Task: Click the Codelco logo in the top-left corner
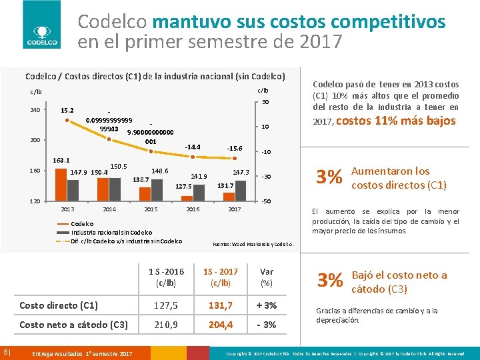pyautogui.click(x=41, y=25)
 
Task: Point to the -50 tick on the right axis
pyautogui.click(x=265, y=201)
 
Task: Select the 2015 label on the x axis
pyautogui.click(x=151, y=209)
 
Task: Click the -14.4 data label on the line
pyautogui.click(x=193, y=147)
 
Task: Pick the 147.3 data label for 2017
pyautogui.click(x=241, y=172)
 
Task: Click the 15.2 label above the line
pyautogui.click(x=67, y=111)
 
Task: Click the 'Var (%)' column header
pyautogui.click(x=267, y=277)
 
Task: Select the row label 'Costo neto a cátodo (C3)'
pyautogui.click(x=73, y=325)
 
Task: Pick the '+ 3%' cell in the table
pyautogui.click(x=267, y=305)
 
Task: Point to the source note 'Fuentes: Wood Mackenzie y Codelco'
pyautogui.click(x=257, y=245)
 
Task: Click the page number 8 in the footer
pyautogui.click(x=5, y=351)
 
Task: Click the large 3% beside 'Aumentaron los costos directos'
pyautogui.click(x=330, y=177)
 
